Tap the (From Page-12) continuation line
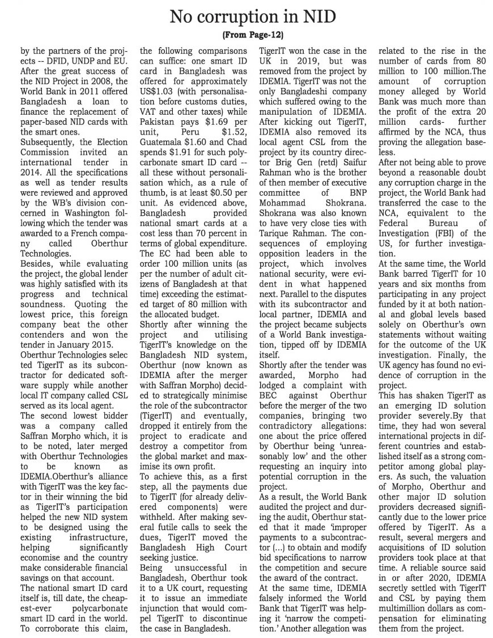click(246, 35)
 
